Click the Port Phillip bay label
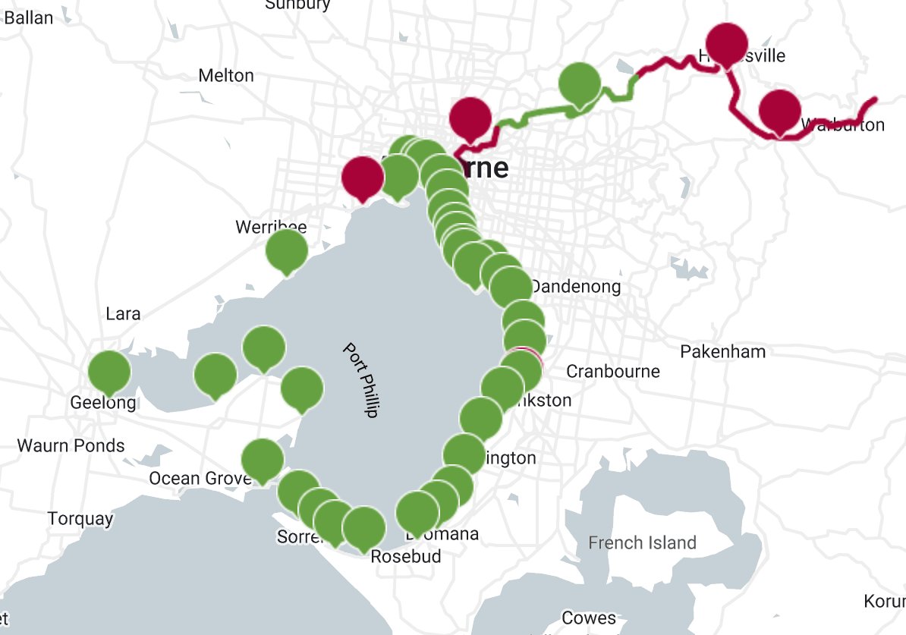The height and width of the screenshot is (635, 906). point(360,380)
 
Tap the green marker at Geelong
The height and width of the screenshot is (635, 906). point(109,371)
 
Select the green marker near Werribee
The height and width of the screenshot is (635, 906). point(287,250)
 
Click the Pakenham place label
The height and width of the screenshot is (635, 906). point(722,352)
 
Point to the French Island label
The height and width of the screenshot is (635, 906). point(642,542)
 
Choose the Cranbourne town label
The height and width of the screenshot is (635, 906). point(613,372)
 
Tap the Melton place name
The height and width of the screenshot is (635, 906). point(225,76)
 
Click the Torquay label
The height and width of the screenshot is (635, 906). point(80,519)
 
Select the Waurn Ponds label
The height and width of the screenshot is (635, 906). point(71,445)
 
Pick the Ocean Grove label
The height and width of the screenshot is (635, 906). point(200,479)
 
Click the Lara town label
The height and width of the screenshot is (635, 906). point(123,313)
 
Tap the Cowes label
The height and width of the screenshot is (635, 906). point(590,618)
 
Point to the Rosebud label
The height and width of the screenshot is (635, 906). point(405,556)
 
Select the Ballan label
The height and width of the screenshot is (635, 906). point(29,17)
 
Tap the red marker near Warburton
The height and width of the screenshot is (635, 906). point(779,110)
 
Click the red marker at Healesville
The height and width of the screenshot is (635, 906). point(727,44)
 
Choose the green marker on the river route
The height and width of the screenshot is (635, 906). point(580,83)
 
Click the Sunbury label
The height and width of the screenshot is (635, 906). point(297,5)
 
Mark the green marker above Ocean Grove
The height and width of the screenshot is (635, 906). point(263,459)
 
